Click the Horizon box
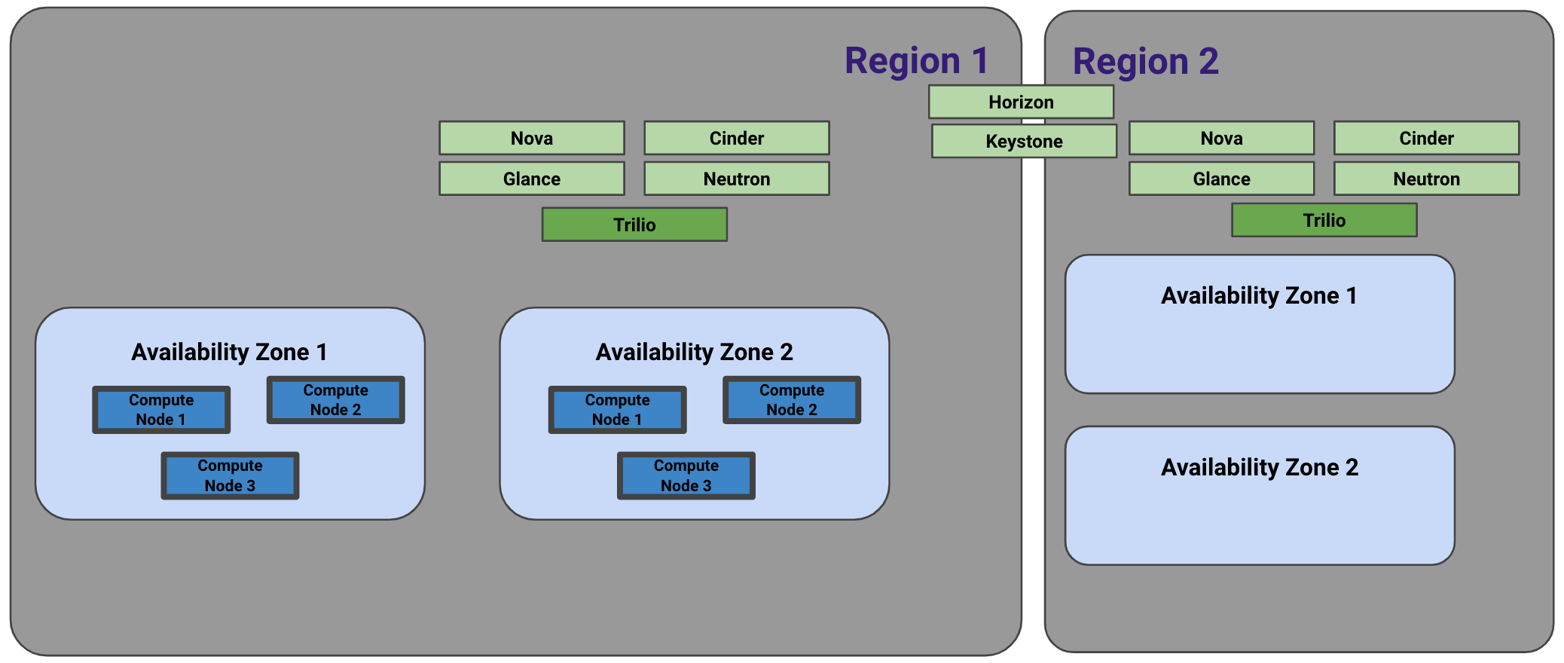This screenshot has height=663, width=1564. [1021, 102]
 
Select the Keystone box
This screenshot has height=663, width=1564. [1024, 141]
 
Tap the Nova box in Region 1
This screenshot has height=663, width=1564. [532, 138]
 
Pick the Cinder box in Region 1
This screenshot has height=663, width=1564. [737, 138]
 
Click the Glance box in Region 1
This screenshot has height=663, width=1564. [532, 179]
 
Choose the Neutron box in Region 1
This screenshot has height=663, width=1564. [737, 179]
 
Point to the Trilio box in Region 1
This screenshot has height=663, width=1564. [634, 225]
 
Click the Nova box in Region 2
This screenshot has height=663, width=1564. [1221, 138]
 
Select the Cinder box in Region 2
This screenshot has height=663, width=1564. [1426, 138]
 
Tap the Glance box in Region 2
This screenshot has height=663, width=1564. [1221, 179]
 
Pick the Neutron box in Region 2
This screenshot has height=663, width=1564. [1426, 179]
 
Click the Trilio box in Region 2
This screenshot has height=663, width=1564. [1324, 220]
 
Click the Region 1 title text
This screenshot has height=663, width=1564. [916, 60]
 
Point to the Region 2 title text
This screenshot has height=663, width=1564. [1145, 61]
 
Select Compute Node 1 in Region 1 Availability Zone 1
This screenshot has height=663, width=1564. [161, 410]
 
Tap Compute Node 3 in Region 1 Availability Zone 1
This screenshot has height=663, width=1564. [230, 475]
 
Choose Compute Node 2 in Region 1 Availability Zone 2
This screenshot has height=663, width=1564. [792, 400]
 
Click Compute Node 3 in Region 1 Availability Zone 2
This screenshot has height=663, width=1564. [686, 475]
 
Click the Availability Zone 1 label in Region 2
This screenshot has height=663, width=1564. [1259, 295]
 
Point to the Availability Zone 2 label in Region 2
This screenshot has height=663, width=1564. [1260, 467]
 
